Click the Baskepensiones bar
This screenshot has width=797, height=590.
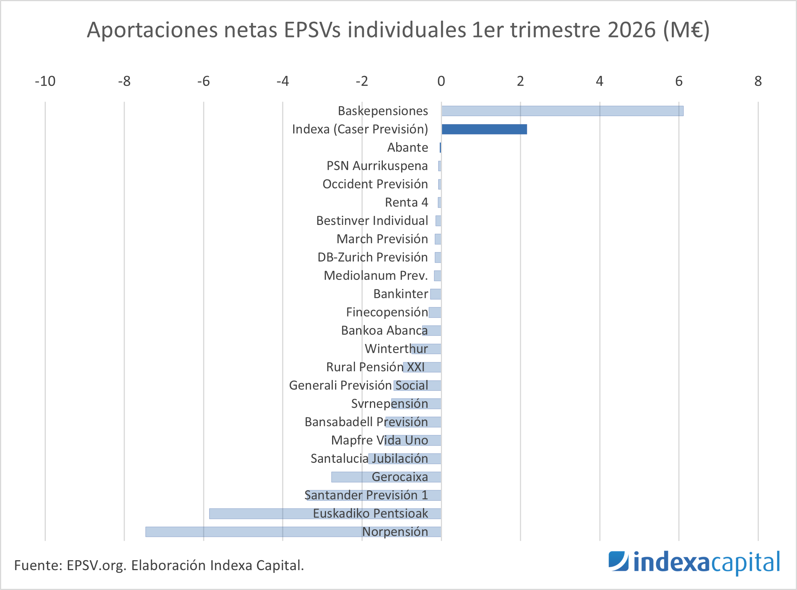[562, 111]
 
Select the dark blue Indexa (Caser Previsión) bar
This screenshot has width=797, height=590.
[484, 129]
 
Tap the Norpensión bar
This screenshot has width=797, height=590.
[293, 532]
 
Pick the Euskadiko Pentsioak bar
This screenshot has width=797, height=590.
[325, 513]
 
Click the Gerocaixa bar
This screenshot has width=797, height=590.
[386, 477]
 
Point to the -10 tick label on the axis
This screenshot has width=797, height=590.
[45, 81]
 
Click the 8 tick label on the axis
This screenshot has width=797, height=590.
[758, 81]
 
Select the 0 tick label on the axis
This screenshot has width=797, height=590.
[441, 81]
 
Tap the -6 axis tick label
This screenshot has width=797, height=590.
[203, 81]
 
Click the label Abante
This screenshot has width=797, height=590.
[408, 147]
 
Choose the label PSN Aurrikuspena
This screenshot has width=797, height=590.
[377, 166]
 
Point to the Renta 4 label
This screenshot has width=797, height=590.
[407, 202]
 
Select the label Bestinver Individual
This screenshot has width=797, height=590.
[372, 220]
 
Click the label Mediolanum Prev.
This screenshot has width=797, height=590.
[376, 275]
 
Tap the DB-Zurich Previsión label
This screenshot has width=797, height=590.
[373, 257]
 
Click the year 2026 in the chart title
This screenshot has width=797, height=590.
[632, 30]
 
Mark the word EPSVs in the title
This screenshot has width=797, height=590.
[312, 30]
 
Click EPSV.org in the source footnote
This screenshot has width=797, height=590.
[97, 566]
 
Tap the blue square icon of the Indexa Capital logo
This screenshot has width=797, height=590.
[618, 561]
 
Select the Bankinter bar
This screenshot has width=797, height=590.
[436, 294]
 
